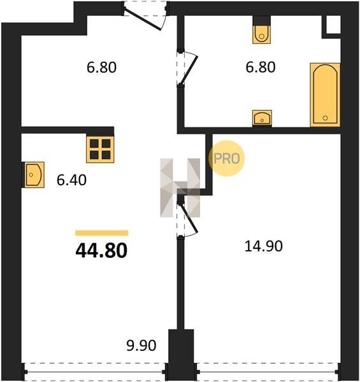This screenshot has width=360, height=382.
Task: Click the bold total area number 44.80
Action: coord(101,251)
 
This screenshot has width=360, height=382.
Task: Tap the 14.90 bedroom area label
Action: coord(264,246)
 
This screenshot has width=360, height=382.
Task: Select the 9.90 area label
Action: coord(141,346)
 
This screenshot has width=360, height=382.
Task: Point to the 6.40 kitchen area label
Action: coord(71,180)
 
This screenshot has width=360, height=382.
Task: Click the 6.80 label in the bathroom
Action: coord(261,67)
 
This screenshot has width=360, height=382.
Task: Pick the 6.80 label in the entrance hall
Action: coord(102,67)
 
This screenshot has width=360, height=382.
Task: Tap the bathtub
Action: coord(325,95)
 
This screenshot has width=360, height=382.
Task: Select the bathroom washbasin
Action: coord(262,118)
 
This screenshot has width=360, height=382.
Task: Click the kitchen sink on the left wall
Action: coord(34,174)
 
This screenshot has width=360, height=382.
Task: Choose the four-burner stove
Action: coord(100,150)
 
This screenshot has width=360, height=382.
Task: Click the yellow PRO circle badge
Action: coord(227,159)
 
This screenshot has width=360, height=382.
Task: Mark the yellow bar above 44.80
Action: coord(102,233)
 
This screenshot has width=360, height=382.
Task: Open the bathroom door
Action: coord(188,69)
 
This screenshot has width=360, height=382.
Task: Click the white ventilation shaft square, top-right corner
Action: coord(333,24)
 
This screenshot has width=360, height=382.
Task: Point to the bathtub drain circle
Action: coord(325,118)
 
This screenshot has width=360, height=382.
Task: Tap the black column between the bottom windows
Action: coord(181,355)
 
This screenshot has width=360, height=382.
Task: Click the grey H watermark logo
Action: coord(180,188)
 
